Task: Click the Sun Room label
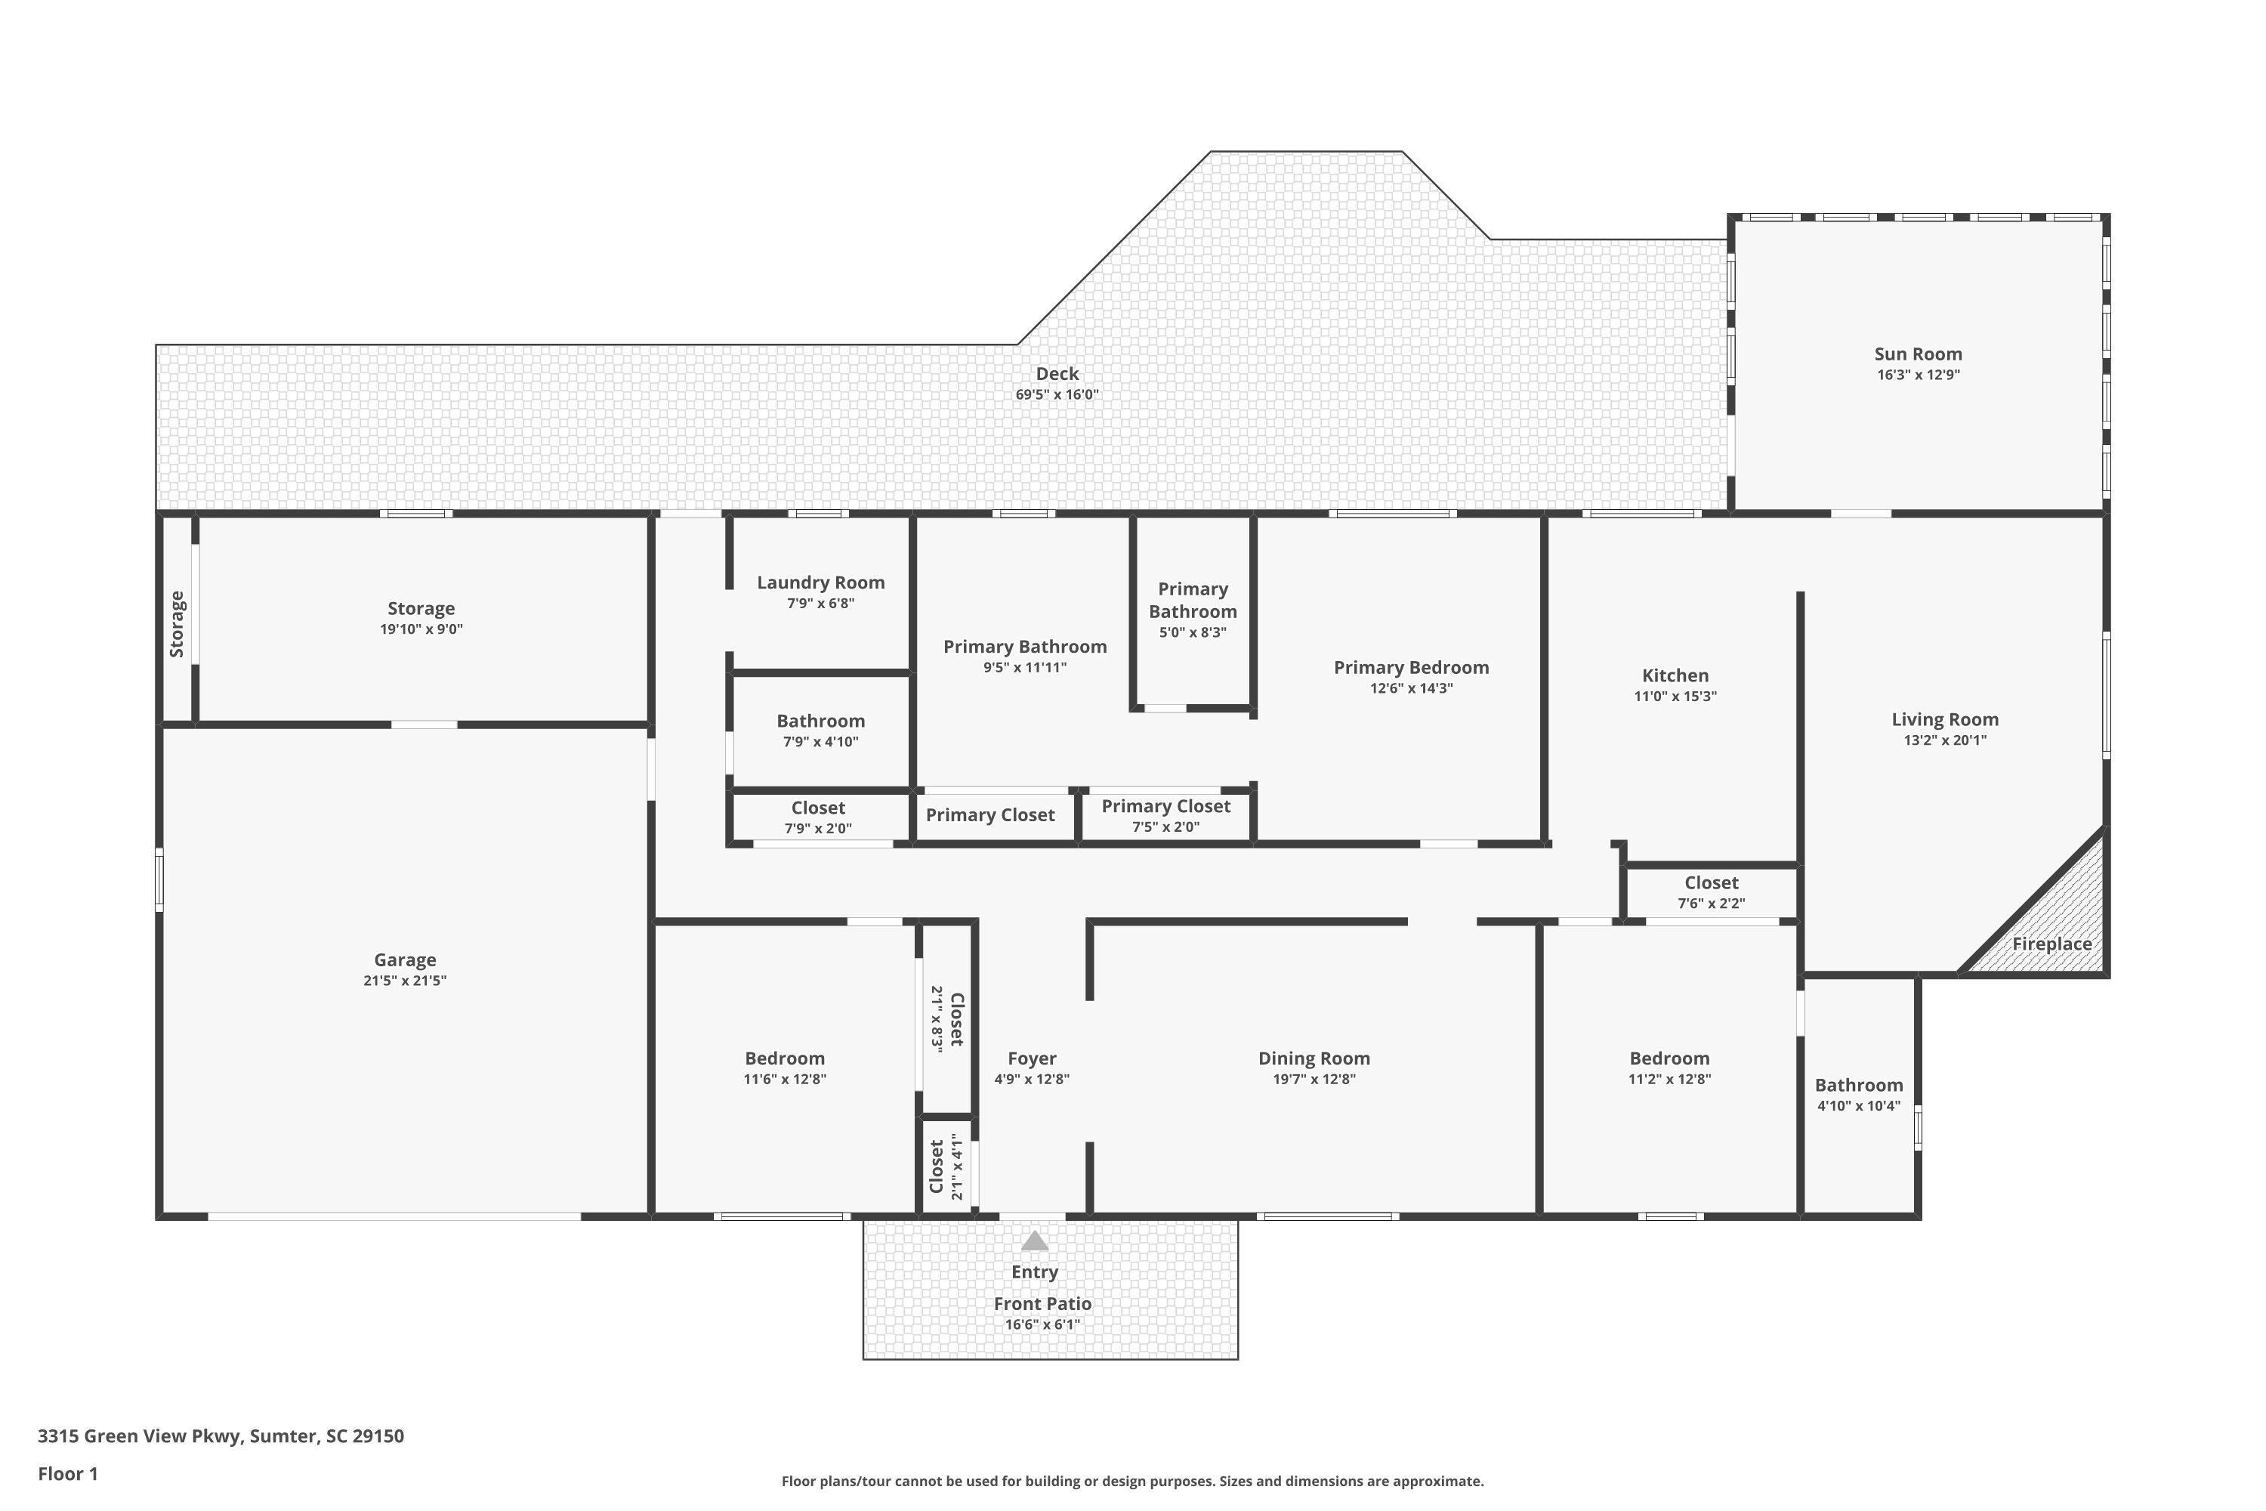click(1917, 354)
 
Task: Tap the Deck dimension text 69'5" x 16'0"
click(1057, 394)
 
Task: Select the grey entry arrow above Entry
click(1034, 1241)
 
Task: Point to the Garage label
click(405, 959)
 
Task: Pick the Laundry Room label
click(821, 582)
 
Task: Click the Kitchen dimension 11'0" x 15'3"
click(1675, 696)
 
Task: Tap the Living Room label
click(1944, 719)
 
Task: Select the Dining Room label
click(1314, 1058)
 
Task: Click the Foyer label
click(1032, 1058)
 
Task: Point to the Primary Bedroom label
click(1412, 667)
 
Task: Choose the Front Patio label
click(1042, 1304)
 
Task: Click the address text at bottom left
click(221, 1436)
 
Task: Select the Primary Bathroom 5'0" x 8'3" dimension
click(1193, 632)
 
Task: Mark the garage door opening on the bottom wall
click(395, 1216)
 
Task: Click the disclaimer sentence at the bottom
click(1132, 1481)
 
